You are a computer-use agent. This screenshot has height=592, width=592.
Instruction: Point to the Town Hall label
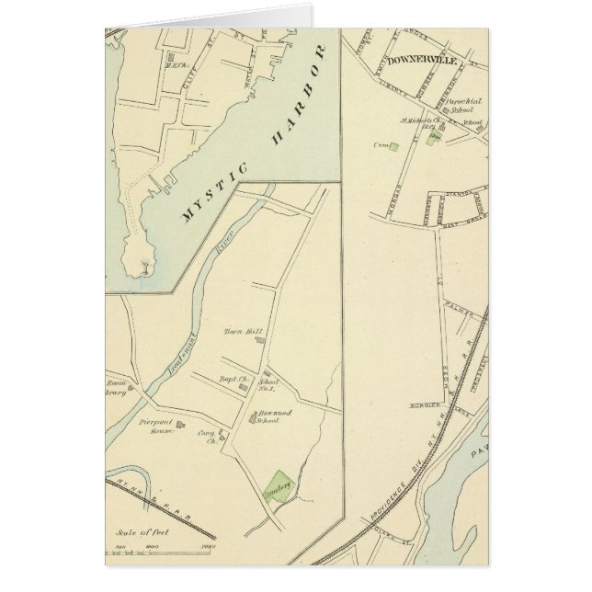(239, 333)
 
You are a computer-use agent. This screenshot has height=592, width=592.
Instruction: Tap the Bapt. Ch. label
(229, 379)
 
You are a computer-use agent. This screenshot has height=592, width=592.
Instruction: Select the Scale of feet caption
(134, 531)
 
